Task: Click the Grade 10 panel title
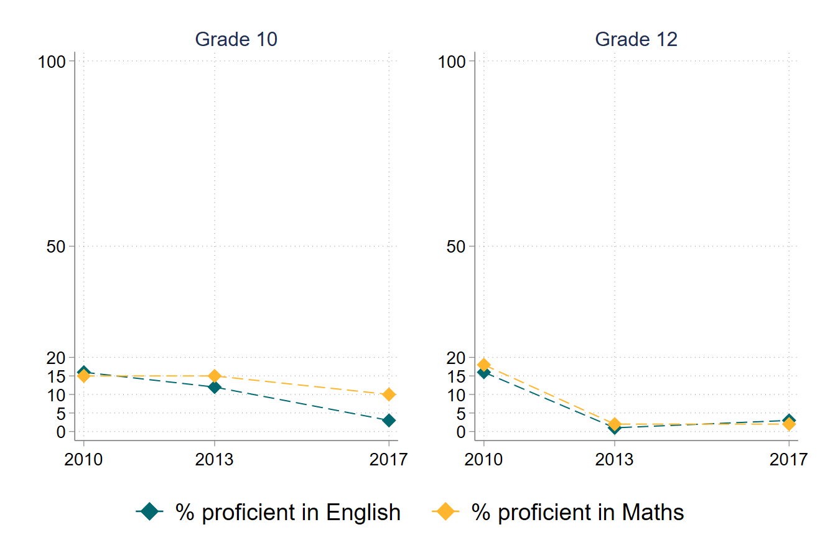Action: (236, 39)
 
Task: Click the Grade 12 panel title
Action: (636, 39)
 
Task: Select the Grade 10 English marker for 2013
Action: (214, 387)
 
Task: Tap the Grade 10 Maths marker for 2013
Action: (214, 376)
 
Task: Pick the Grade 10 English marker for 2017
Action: (389, 421)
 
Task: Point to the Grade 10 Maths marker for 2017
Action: (389, 394)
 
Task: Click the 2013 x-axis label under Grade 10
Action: (214, 460)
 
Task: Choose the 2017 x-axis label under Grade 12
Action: (788, 460)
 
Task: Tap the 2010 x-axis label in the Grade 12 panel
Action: (483, 460)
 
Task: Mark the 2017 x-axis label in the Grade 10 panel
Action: (389, 460)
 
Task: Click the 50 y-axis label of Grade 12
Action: (457, 246)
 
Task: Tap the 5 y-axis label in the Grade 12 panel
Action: (461, 413)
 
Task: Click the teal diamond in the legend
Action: (149, 512)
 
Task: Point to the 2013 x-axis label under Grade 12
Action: (614, 460)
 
